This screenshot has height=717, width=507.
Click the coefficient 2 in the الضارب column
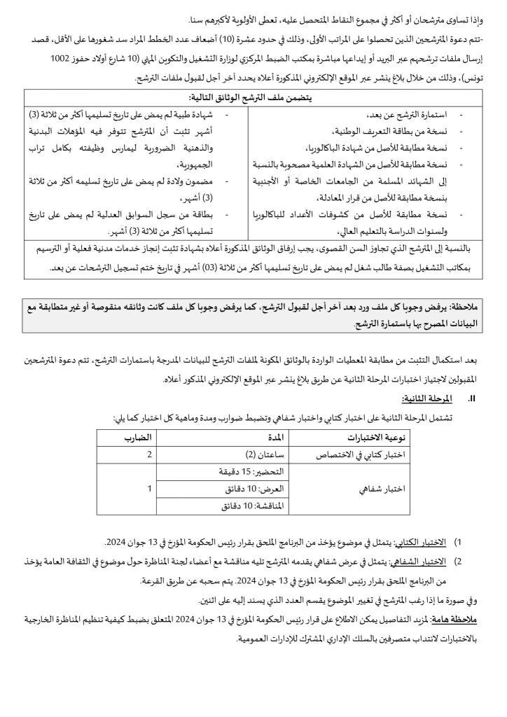tap(148, 455)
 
